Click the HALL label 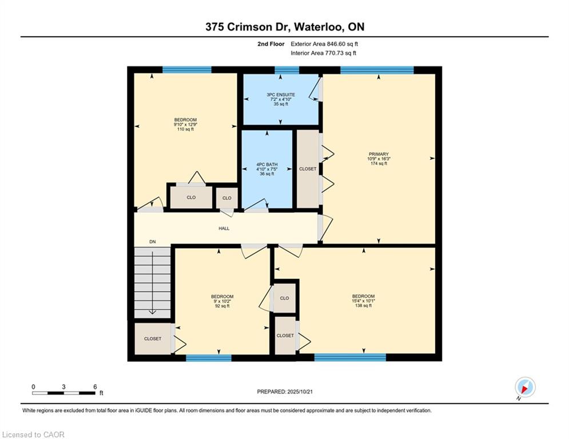point(224,229)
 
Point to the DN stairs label point(153,242)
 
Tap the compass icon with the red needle point(525,387)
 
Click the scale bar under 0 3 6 point(64,393)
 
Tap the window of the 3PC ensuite point(287,70)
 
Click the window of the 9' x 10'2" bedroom point(209,358)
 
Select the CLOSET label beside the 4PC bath point(308,169)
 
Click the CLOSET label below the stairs point(153,338)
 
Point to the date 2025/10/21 point(300,392)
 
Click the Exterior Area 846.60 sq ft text point(324,44)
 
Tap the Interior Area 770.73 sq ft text point(323,53)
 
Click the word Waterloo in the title point(319,27)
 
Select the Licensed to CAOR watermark point(33,434)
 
